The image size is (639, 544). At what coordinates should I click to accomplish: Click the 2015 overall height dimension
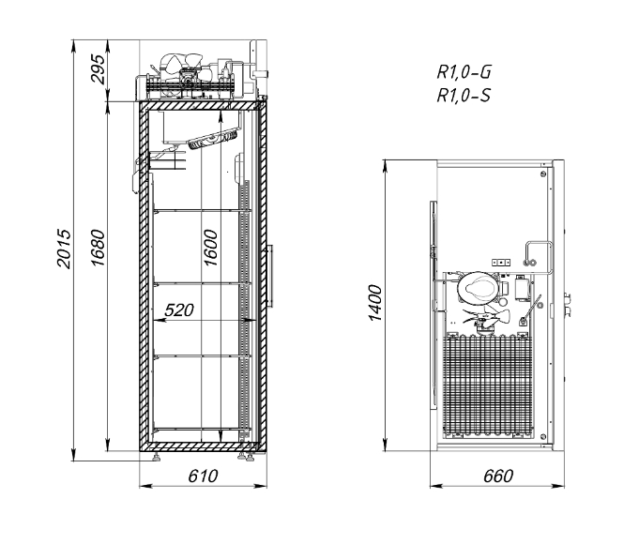coord(64,249)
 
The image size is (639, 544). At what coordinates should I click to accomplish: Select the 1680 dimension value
coord(98,249)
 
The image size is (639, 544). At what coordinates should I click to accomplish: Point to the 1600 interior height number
coord(210,248)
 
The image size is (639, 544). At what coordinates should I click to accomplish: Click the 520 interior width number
coord(179,310)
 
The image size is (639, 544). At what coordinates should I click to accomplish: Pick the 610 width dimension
coord(203,476)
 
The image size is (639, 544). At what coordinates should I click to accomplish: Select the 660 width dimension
coord(498,476)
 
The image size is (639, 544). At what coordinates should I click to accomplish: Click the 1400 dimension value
coord(375,303)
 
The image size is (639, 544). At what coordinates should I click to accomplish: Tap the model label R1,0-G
coord(464,72)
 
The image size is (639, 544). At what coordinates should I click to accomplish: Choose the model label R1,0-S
coord(464,96)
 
